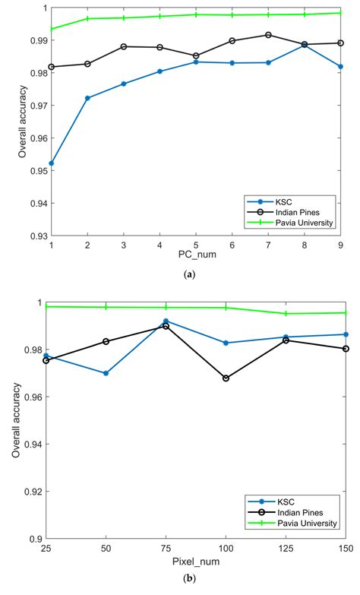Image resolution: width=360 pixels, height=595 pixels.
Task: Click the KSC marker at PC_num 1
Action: click(x=51, y=163)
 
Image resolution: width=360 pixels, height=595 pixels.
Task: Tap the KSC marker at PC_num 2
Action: click(x=87, y=98)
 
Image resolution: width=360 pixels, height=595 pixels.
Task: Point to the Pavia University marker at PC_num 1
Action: click(x=51, y=29)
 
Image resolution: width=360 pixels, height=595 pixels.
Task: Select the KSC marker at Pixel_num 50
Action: click(x=106, y=373)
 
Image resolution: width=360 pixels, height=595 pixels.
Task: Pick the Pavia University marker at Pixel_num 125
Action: click(x=286, y=313)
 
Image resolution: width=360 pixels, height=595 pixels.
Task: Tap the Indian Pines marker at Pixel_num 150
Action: click(x=346, y=349)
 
